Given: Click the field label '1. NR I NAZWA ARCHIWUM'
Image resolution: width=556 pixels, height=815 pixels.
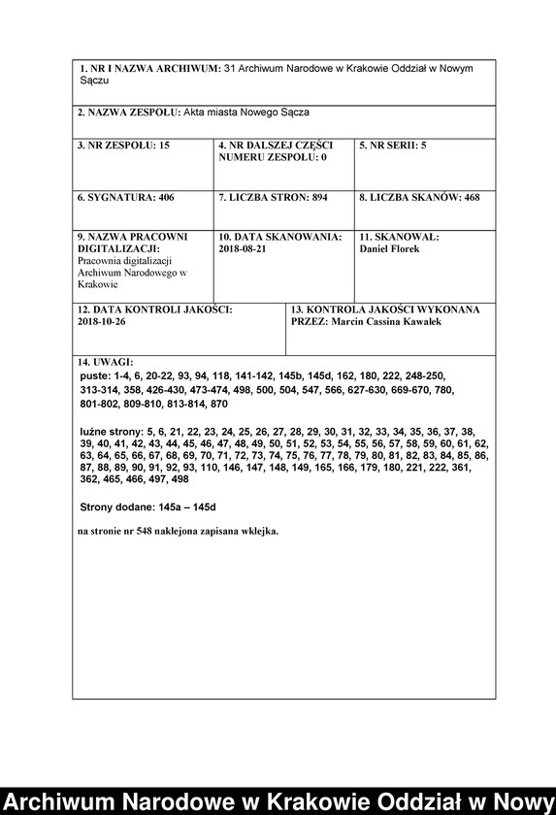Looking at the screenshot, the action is pyautogui.click(x=148, y=71).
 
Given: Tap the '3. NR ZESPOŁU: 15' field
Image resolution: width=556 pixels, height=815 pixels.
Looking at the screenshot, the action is pyautogui.click(x=123, y=146).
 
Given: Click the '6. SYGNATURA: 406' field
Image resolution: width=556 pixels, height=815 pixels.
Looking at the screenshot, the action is pyautogui.click(x=125, y=197).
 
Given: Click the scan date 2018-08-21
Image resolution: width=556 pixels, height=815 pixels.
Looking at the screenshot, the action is pyautogui.click(x=243, y=249).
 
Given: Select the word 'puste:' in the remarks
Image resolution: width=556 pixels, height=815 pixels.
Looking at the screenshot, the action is pyautogui.click(x=95, y=374).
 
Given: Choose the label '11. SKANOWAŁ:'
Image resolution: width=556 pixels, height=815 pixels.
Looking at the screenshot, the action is pyautogui.click(x=399, y=237).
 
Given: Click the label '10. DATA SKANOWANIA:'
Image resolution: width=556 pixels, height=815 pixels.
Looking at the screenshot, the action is pyautogui.click(x=279, y=237).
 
